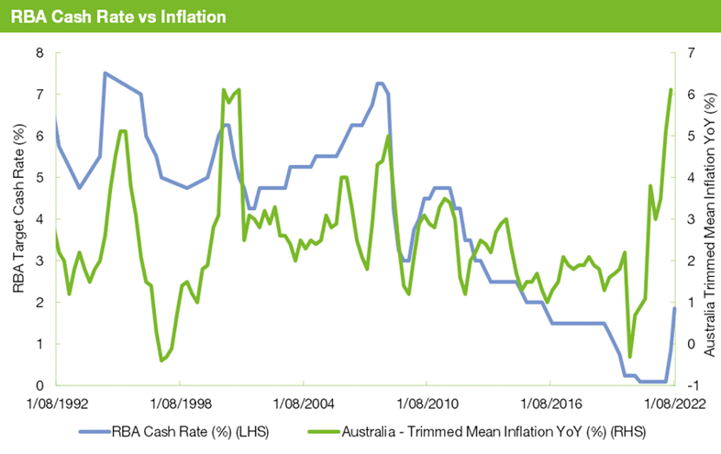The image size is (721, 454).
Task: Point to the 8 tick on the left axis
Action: (x=39, y=52)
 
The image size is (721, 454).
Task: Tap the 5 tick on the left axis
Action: (x=39, y=177)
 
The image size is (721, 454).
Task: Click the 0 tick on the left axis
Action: (x=39, y=385)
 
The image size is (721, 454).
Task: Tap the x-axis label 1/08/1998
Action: (x=180, y=403)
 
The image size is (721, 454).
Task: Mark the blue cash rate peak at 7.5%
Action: (x=105, y=73)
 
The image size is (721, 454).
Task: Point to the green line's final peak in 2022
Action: (x=671, y=90)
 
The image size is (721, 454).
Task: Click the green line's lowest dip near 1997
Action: (x=161, y=360)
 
